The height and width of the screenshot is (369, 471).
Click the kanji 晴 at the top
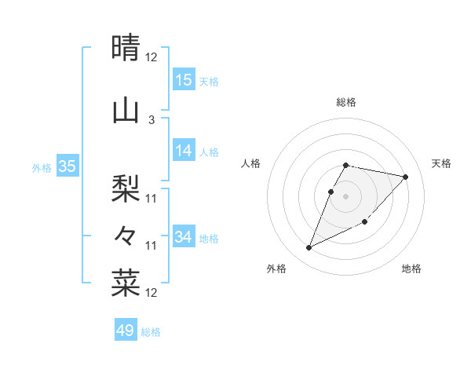pos(126,49)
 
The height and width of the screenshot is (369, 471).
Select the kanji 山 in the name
pos(126,111)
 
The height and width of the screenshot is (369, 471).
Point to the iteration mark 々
pos(126,235)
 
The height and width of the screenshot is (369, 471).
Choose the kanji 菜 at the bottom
pos(126,283)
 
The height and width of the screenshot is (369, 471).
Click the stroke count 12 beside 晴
pos(152,57)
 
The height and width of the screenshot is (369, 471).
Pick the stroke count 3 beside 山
pos(152,119)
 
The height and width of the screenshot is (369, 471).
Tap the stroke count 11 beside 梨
pos(152,198)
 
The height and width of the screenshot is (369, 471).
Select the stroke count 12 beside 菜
pos(152,293)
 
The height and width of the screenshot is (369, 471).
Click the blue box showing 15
pos(184,79)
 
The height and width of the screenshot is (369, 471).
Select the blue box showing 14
pos(184,151)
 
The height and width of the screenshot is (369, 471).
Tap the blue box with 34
pos(184,236)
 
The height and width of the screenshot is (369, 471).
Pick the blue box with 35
pos(68,166)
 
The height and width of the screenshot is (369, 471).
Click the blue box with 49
pos(126,330)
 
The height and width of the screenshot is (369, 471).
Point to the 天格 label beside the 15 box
pos(209,81)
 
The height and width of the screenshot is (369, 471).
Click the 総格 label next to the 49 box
pos(151,331)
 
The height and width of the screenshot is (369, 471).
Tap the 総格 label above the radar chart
pos(346,102)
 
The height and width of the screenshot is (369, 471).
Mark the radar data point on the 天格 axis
pos(406,177)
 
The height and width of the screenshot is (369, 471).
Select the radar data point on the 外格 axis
pos(309,248)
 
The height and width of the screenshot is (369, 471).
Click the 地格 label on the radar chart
pos(411,269)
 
